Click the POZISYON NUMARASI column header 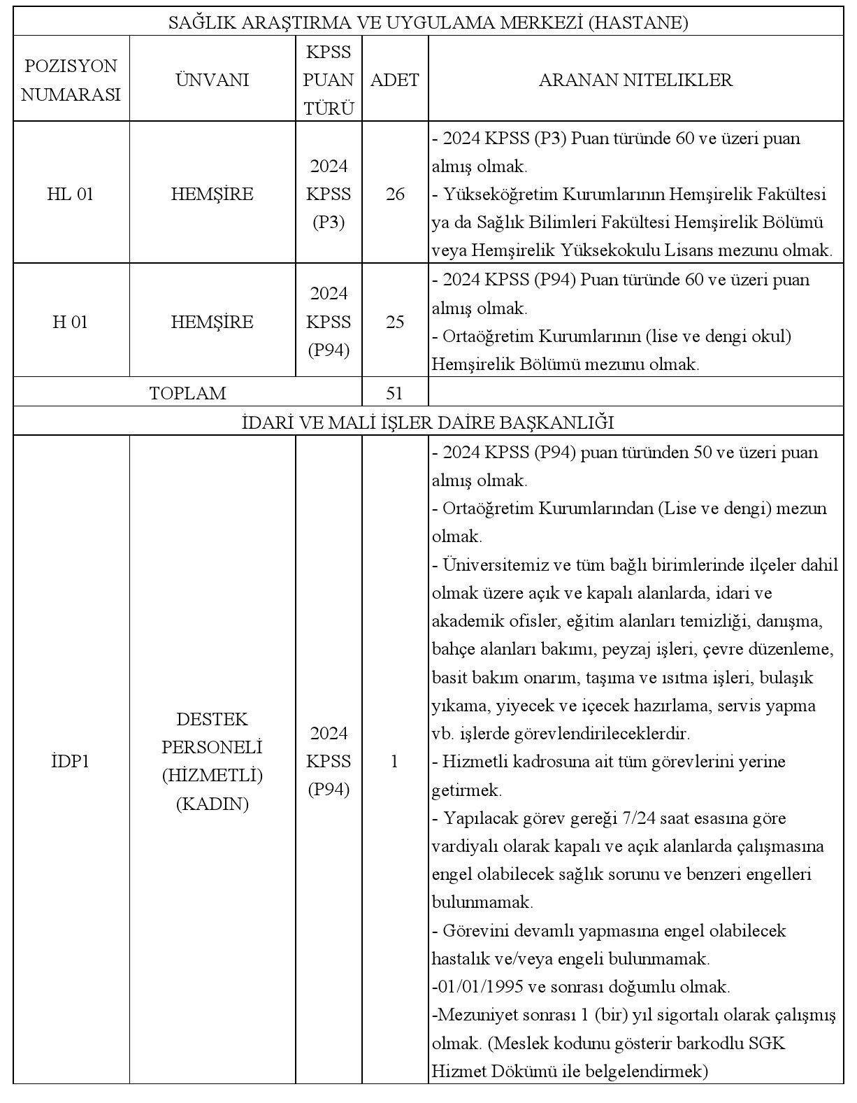click(71, 80)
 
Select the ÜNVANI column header click(212, 80)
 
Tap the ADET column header click(394, 80)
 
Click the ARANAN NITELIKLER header click(635, 80)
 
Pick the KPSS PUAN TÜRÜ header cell click(329, 80)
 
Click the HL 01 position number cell click(70, 194)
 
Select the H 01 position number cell click(70, 322)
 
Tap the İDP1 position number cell click(70, 761)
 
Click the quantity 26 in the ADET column click(395, 194)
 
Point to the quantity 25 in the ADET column click(395, 322)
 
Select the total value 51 click(394, 393)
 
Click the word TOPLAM click(187, 393)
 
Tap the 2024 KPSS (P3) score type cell click(329, 194)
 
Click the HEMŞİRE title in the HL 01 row click(212, 194)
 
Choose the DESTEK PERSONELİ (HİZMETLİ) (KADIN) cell click(212, 761)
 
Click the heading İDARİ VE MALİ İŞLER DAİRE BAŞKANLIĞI click(428, 422)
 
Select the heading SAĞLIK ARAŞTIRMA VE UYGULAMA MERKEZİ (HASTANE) click(428, 23)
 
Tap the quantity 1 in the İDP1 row click(394, 761)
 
